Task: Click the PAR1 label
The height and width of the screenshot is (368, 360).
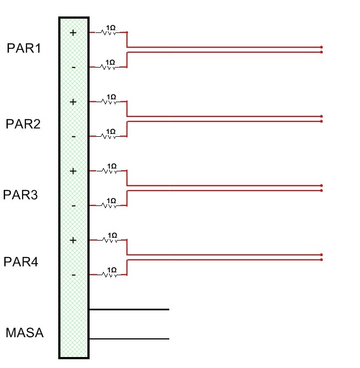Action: coord(24,48)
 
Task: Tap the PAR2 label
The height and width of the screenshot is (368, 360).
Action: coord(23,124)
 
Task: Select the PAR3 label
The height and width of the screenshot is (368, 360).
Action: coord(20,195)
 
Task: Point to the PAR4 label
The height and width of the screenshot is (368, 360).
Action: coord(20,262)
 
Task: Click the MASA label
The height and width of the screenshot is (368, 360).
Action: coord(24,333)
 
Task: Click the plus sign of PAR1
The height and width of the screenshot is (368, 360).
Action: coord(73,33)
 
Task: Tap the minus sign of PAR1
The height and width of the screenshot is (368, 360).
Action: coord(73,67)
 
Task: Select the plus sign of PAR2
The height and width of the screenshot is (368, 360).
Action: coord(73,102)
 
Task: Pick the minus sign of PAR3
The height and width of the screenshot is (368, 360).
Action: coord(73,206)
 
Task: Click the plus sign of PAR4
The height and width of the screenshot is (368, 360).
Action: coord(73,241)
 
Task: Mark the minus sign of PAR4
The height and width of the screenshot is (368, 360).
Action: coord(73,275)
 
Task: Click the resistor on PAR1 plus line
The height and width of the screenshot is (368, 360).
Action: coord(108,33)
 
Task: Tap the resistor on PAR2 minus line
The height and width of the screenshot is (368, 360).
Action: coord(108,136)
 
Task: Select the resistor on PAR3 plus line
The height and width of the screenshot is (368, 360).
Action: coord(108,171)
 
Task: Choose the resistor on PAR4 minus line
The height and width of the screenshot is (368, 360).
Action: coord(108,275)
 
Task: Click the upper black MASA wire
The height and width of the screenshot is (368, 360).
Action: coord(129,309)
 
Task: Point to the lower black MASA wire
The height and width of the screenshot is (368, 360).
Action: coord(129,338)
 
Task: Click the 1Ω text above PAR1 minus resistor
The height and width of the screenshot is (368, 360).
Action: coord(110,62)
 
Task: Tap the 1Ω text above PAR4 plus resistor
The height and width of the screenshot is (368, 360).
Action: coord(112,235)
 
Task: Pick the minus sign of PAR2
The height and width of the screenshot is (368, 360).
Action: coord(73,136)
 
